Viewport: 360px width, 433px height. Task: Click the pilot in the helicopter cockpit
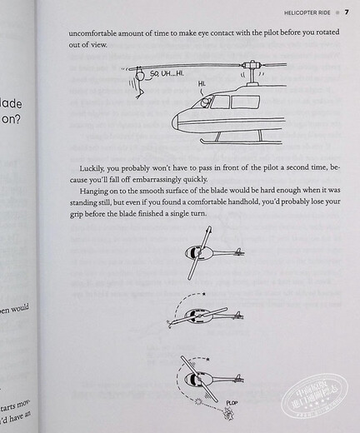[x=203, y=102]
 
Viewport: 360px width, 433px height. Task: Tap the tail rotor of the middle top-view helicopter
[x=237, y=316]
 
